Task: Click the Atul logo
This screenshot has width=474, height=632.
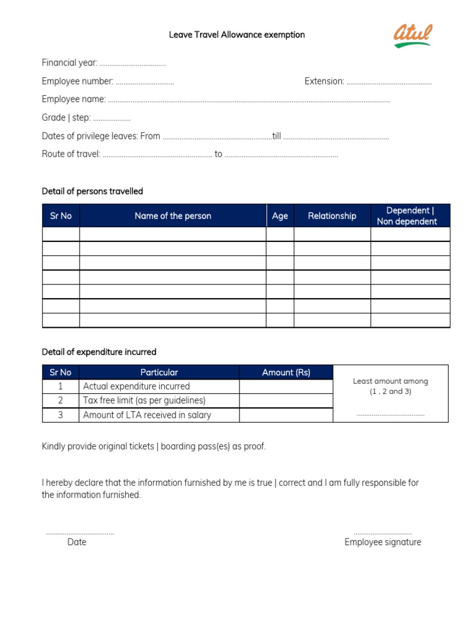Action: tap(413, 35)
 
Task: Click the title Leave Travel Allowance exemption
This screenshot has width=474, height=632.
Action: tap(237, 35)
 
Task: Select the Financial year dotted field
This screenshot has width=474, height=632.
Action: tap(133, 64)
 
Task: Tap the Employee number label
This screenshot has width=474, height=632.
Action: tap(77, 81)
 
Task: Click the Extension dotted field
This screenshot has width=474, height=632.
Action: tap(389, 82)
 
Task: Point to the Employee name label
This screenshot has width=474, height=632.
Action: tap(73, 99)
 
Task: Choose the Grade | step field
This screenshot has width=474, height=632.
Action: tap(111, 118)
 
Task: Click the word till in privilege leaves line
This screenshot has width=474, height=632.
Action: tap(276, 136)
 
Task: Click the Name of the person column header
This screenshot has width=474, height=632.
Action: tap(173, 216)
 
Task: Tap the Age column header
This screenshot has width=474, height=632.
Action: tap(280, 216)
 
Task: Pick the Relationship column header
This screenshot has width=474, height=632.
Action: tap(332, 216)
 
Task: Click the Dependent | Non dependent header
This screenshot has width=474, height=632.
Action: tap(410, 216)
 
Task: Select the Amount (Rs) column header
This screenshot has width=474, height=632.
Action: tap(286, 372)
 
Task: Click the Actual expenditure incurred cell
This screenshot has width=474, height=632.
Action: tap(136, 386)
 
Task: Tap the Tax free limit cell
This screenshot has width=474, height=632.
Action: tap(144, 401)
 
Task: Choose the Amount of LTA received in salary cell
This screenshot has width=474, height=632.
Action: tap(147, 415)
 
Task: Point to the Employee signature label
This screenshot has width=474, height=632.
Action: tap(383, 542)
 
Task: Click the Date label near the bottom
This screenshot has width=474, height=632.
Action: tap(77, 542)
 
